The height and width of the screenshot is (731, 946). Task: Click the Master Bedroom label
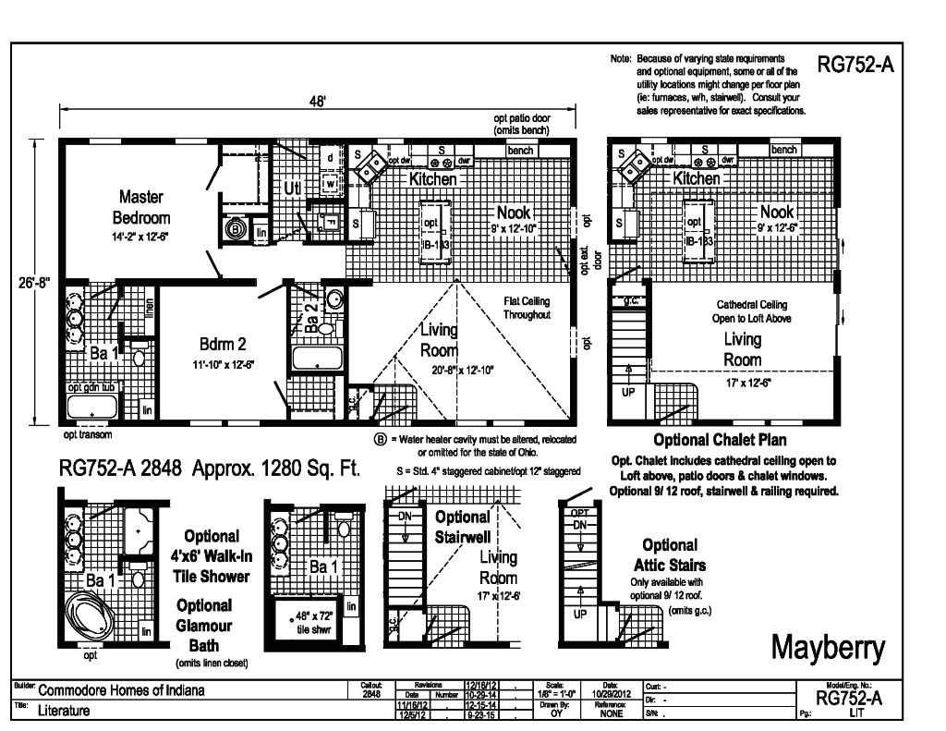pyautogui.click(x=141, y=208)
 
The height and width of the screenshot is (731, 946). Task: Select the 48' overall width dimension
pyautogui.click(x=317, y=102)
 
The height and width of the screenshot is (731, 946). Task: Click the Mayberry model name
pyautogui.click(x=827, y=649)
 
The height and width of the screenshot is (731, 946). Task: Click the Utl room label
pyautogui.click(x=292, y=189)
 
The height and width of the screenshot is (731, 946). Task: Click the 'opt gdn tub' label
pyautogui.click(x=91, y=388)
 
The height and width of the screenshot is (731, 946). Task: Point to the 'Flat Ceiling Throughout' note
pyautogui.click(x=527, y=308)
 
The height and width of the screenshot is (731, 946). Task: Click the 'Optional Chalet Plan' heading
pyautogui.click(x=720, y=440)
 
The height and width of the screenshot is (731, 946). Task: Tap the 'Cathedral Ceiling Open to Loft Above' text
pyautogui.click(x=753, y=311)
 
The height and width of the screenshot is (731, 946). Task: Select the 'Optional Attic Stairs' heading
pyautogui.click(x=670, y=554)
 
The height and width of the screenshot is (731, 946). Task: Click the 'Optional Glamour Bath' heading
pyautogui.click(x=204, y=625)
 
